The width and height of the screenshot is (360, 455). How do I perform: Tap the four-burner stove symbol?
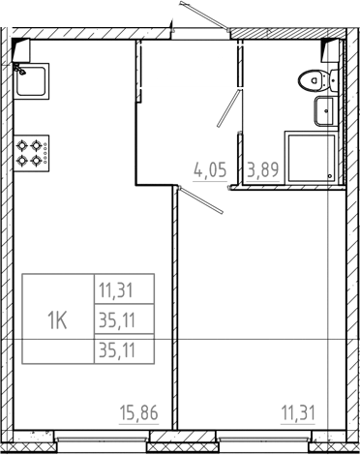pyautogui.click(x=30, y=152)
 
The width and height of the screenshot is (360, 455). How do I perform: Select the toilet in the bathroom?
pyautogui.click(x=311, y=81)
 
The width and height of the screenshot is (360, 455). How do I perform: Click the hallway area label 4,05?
pyautogui.click(x=211, y=170)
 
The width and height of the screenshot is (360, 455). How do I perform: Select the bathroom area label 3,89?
pyautogui.click(x=265, y=170)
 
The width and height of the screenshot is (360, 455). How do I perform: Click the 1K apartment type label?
pyautogui.click(x=57, y=318)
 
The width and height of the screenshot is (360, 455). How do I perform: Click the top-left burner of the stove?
pyautogui.click(x=22, y=143)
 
